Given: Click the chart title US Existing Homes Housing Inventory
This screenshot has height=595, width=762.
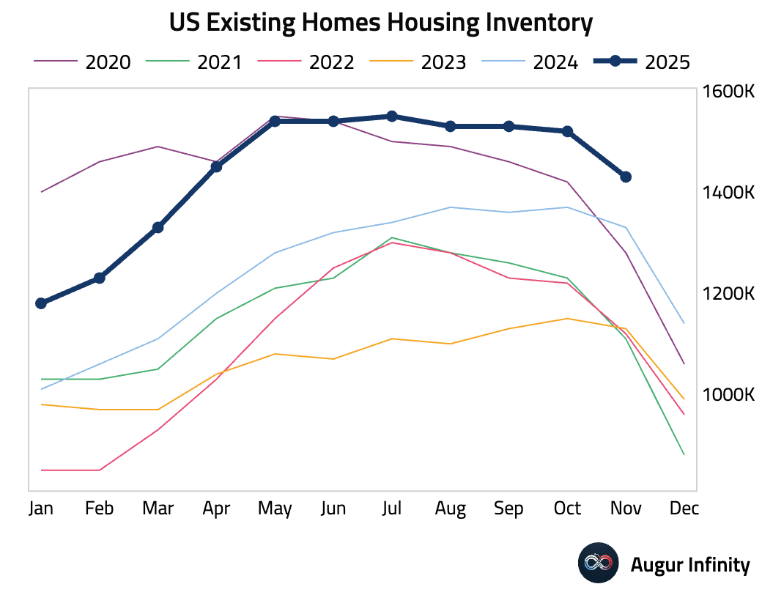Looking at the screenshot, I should coord(380,23).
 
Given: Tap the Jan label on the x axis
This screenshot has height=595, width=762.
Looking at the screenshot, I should coord(41,509).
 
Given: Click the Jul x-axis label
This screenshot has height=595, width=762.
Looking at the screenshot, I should coord(391,509).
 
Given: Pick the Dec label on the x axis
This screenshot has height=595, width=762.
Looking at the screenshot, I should coord(684,509).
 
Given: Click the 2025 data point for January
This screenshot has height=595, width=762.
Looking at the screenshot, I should coord(41,303).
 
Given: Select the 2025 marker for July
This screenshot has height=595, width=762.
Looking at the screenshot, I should coord(392,117).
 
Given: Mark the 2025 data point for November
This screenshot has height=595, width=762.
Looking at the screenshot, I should coord(626,177).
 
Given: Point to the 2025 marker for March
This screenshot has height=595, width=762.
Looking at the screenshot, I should coord(158,228).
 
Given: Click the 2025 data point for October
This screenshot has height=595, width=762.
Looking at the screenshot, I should coord(567,131).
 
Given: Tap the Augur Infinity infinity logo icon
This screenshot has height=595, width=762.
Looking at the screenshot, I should coord(599,563).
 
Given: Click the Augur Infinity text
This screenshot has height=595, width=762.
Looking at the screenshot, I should coord(690,565).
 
